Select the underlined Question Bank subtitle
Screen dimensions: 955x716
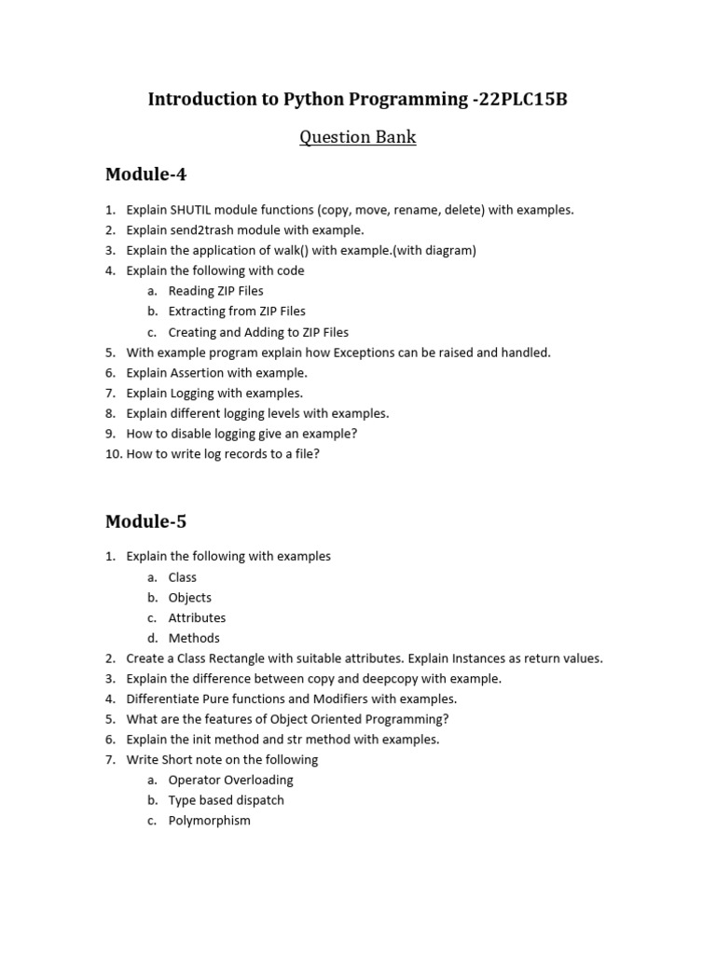tap(357, 137)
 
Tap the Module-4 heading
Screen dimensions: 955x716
tap(146, 174)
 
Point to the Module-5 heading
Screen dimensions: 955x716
tap(146, 521)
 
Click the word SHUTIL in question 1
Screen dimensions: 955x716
tap(190, 210)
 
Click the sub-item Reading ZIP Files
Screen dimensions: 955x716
tap(215, 291)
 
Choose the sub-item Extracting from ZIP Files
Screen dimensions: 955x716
tap(237, 311)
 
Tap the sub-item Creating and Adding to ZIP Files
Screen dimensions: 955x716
tap(258, 332)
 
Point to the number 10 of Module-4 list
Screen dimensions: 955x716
tap(113, 454)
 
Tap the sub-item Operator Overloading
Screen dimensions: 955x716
tap(230, 780)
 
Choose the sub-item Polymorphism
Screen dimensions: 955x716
tap(209, 821)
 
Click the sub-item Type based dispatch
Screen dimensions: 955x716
tap(226, 800)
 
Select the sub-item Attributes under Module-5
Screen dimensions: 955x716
tap(197, 618)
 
